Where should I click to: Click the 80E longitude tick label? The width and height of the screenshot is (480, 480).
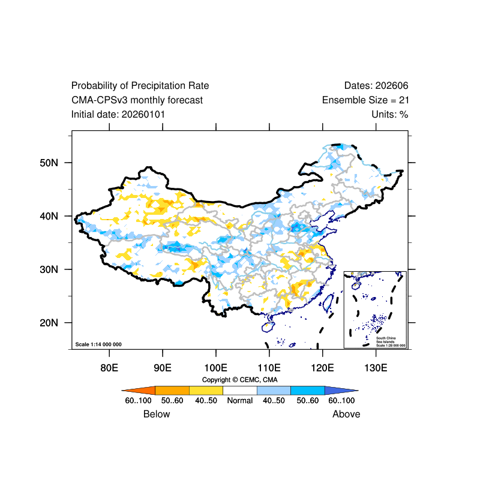[x=109, y=367]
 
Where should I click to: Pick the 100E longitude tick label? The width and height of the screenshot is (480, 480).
[x=215, y=367]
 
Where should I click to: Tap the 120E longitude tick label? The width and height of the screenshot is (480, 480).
[x=322, y=367]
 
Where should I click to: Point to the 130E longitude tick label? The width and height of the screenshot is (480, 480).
[x=376, y=367]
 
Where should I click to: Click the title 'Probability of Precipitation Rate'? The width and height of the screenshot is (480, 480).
[x=140, y=86]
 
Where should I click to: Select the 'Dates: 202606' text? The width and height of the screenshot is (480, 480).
[x=376, y=86]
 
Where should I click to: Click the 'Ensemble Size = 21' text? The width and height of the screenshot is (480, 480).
[x=365, y=100]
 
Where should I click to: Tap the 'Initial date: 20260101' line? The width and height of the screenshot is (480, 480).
[x=118, y=114]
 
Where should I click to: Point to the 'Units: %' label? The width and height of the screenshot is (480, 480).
[x=390, y=114]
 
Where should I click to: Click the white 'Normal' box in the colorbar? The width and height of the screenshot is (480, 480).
[x=239, y=390]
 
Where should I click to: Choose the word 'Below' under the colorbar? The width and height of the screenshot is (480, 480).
[x=157, y=414]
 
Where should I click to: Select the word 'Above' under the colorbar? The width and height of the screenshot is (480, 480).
[x=346, y=414]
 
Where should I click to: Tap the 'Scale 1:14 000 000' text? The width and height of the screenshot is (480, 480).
[x=98, y=344]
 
